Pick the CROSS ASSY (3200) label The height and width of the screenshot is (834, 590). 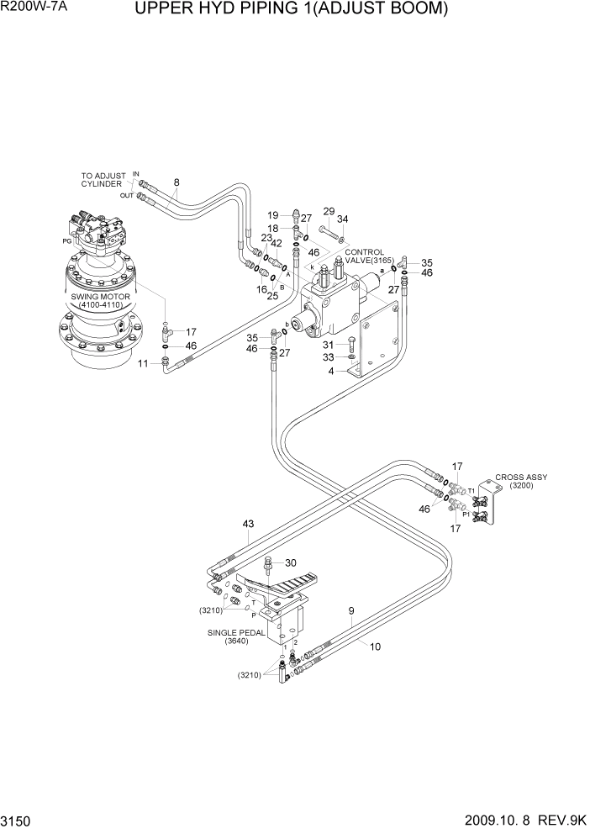click(521, 482)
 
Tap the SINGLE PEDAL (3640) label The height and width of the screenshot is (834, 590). click(242, 636)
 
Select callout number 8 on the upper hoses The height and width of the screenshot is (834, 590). click(176, 182)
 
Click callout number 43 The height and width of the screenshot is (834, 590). click(248, 524)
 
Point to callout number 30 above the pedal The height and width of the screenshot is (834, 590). click(291, 563)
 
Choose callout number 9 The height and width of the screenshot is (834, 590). click(351, 611)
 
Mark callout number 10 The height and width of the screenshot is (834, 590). click(374, 647)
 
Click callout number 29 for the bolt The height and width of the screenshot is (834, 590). click(329, 211)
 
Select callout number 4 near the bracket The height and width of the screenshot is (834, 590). click(331, 371)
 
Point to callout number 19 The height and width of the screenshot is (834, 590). click(273, 215)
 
